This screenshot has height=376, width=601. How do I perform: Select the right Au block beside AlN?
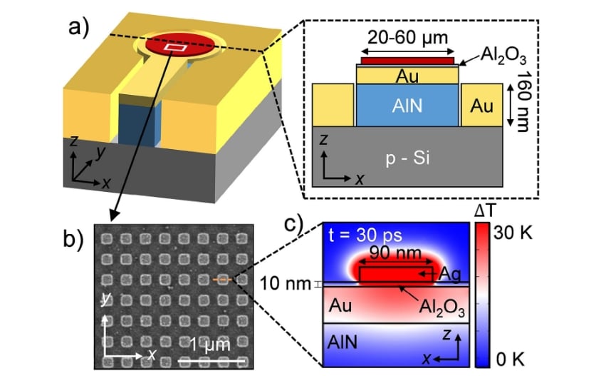coord(481,106)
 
